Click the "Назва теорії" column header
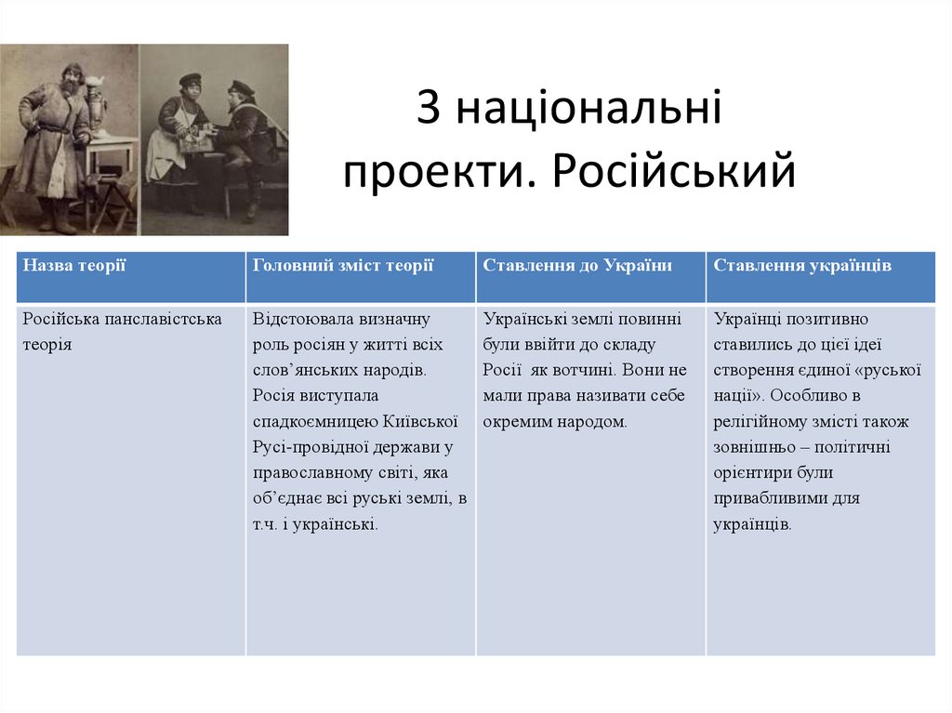74,266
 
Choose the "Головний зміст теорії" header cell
343,266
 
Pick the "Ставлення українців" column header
802,266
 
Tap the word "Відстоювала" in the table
295,319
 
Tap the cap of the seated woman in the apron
190,80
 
